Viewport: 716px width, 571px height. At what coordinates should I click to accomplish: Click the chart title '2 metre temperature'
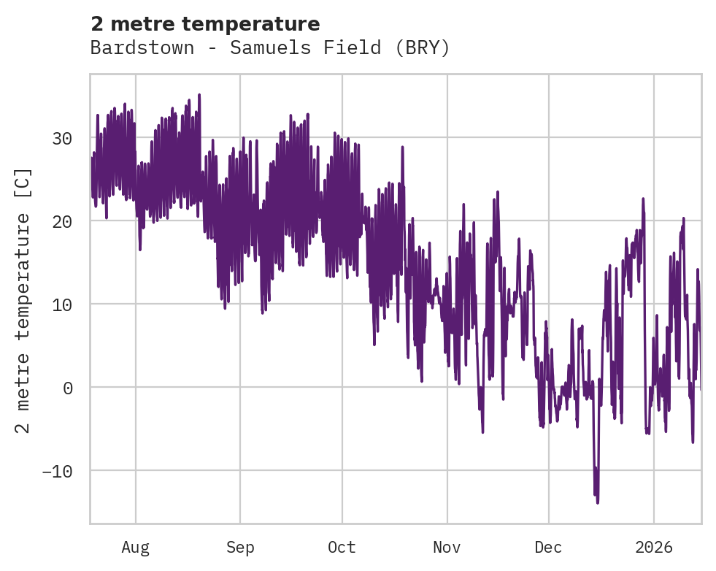[205, 24]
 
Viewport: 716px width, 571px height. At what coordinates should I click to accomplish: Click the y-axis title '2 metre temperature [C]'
[23, 301]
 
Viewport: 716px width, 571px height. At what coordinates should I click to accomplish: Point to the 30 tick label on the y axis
[63, 138]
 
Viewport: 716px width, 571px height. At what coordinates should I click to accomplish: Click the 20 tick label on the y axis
[63, 221]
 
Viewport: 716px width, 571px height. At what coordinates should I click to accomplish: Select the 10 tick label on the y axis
[63, 304]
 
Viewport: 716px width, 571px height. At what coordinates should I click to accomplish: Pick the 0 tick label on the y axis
[68, 388]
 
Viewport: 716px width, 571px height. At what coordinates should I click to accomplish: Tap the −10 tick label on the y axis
[58, 471]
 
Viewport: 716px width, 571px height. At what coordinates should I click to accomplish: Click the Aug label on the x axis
[136, 547]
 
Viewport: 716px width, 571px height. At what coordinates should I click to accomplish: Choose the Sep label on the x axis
[239, 547]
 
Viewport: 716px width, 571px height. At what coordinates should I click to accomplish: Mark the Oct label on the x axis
[342, 547]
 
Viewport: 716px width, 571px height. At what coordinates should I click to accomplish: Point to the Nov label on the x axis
[447, 547]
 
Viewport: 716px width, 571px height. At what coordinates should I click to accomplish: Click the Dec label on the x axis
[548, 547]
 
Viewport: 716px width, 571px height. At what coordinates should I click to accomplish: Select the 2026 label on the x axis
[653, 547]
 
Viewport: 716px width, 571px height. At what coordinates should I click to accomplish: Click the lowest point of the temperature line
[598, 503]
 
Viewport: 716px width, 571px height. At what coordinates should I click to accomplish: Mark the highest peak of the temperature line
[199, 94]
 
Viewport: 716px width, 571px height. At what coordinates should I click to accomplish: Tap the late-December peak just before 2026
[643, 198]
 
